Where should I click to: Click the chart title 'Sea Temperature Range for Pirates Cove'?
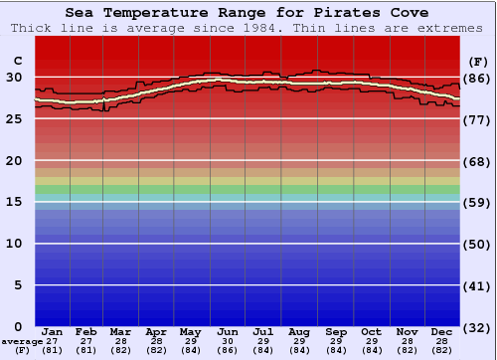coord(248,13)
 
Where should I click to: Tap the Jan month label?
coord(53,331)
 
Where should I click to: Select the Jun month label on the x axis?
coord(228,331)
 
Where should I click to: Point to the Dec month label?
coord(442,331)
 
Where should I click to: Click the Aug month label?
coord(298,331)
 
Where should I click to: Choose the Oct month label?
coord(371,331)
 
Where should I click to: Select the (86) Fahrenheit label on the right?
coord(479,79)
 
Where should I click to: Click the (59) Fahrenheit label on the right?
coord(479,203)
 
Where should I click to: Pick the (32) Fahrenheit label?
coord(479,327)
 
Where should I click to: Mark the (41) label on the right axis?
coord(479,285)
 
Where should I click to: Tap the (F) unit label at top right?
coord(479,61)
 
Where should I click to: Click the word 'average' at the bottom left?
coord(22,341)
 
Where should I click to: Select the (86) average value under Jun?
coord(228,350)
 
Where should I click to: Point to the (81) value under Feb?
coord(86,350)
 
